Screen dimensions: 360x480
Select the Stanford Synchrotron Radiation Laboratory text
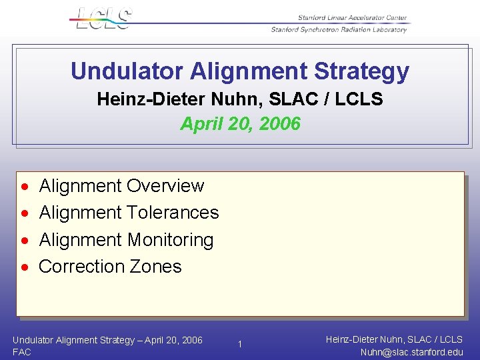[338, 29]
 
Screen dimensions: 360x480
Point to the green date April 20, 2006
[240, 124]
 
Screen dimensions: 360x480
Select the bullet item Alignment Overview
[121, 185]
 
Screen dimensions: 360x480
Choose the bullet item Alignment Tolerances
[129, 213]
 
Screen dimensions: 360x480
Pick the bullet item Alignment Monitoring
[126, 239]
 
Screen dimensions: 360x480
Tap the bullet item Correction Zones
[110, 267]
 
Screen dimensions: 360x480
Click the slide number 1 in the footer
[240, 344]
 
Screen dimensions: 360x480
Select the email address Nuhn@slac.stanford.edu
[411, 353]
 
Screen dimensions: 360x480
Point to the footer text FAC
[21, 352]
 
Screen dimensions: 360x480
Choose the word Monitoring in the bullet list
[170, 239]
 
